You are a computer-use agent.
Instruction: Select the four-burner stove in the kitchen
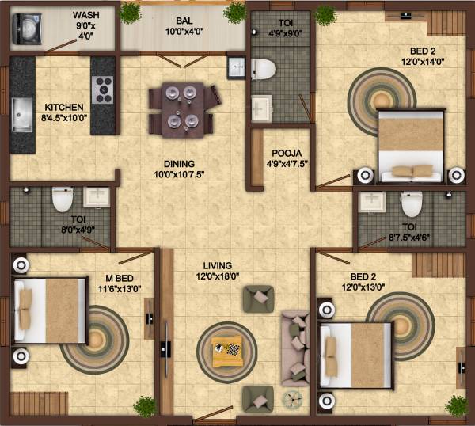pyautogui.click(x=104, y=89)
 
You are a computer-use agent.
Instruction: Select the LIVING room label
pyautogui.click(x=217, y=264)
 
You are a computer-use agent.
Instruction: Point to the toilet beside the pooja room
pyautogui.click(x=263, y=70)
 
